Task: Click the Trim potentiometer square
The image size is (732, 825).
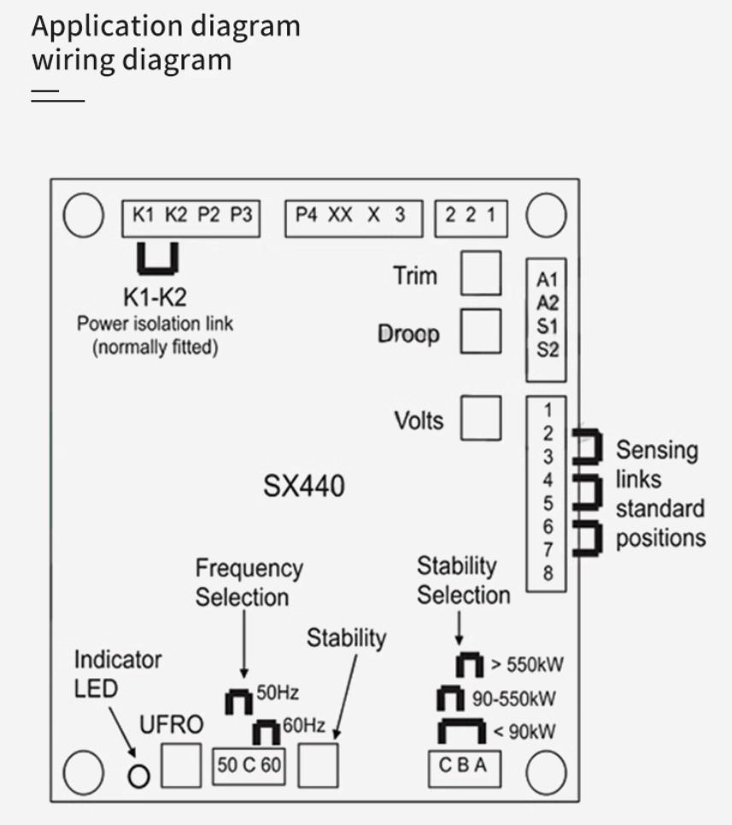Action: pos(480,273)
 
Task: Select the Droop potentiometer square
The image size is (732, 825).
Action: pos(480,331)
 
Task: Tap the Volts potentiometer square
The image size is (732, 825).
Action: pos(480,418)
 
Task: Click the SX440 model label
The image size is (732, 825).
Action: pos(303,487)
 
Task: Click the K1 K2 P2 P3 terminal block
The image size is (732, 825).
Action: pos(191,216)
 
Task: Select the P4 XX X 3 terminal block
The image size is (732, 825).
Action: pos(353,216)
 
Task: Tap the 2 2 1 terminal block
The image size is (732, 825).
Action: pos(471,216)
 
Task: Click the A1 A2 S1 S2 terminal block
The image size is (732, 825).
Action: pos(547,314)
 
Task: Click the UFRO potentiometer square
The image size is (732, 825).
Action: pos(181,764)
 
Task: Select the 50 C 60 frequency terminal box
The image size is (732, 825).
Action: pos(247,764)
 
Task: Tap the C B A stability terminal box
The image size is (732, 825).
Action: pos(464,767)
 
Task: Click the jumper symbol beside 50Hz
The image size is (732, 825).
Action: pos(239,702)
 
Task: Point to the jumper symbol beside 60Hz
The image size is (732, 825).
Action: pos(266,732)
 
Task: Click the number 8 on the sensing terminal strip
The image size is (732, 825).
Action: pos(548,574)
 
